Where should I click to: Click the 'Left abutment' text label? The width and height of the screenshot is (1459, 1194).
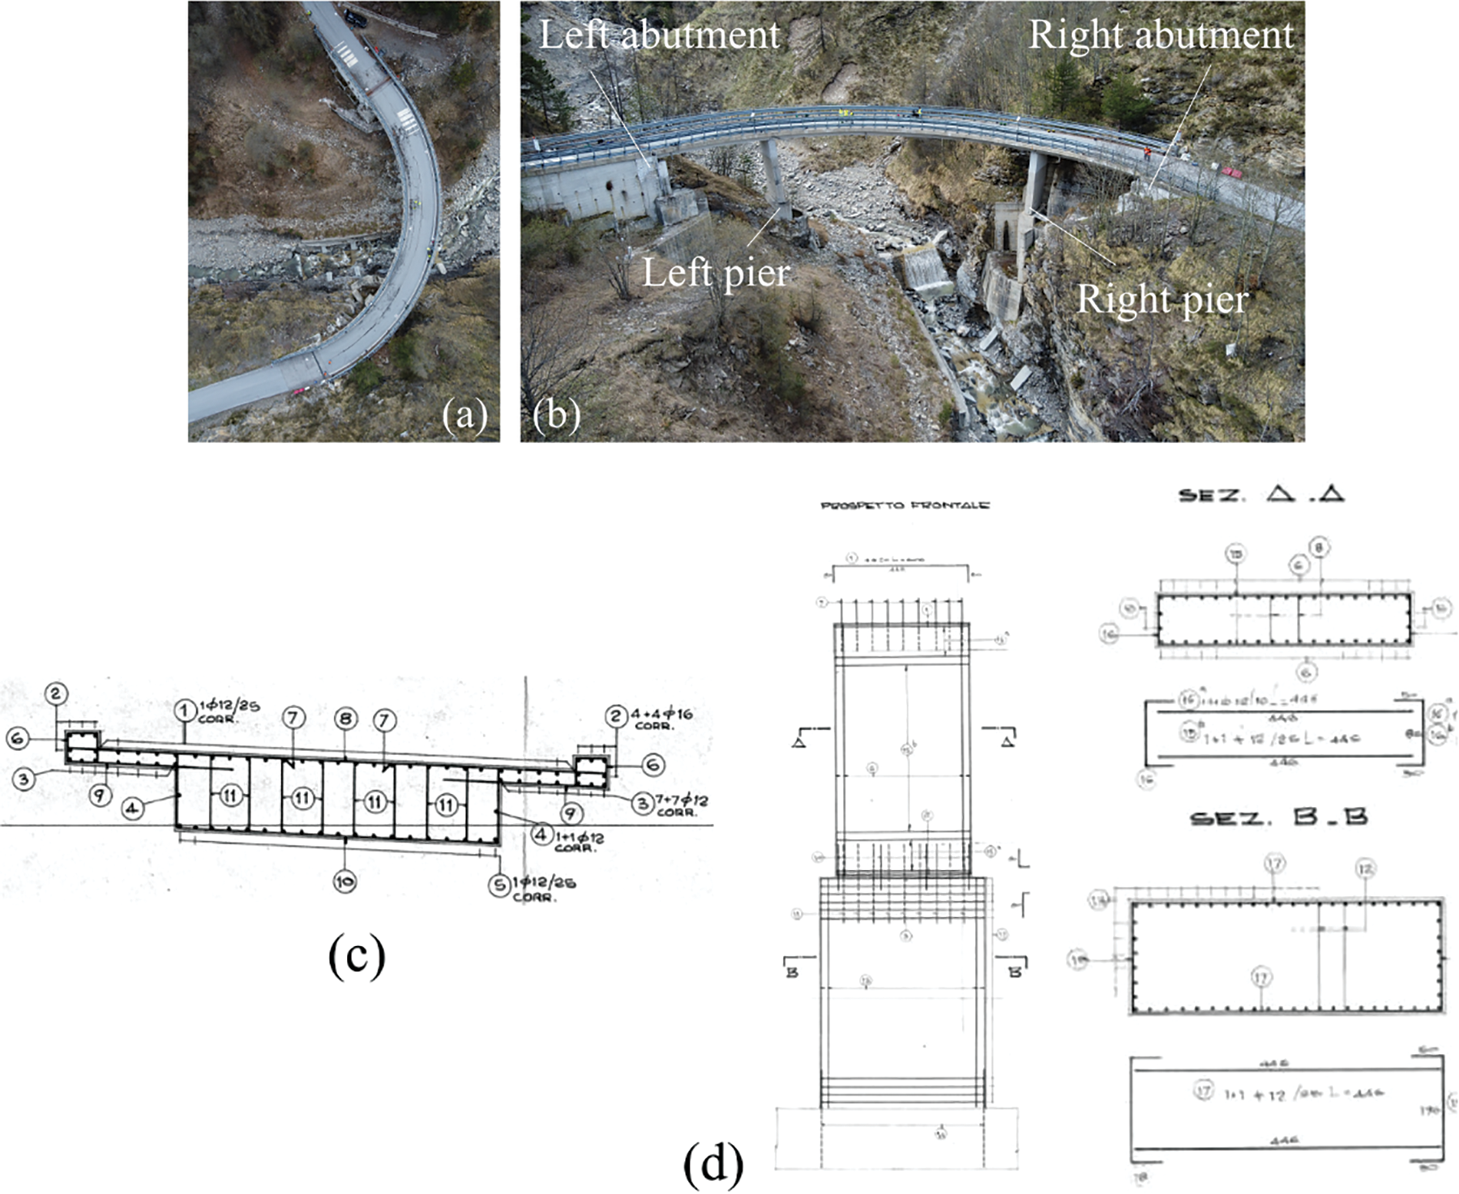659,35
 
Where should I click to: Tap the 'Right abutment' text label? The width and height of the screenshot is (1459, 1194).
1160,35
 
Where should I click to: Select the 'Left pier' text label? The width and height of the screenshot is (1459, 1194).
716,273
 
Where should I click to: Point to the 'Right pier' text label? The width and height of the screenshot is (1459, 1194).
1162,299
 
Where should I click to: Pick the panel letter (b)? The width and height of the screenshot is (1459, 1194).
556,415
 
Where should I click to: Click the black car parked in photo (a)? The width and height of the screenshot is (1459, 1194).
355,16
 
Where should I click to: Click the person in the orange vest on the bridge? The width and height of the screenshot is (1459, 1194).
1146,151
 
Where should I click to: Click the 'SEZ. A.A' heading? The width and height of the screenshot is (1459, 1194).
1261,495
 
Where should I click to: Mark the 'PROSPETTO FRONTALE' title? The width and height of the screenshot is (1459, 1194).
905,505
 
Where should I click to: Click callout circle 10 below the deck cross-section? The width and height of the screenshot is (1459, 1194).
345,882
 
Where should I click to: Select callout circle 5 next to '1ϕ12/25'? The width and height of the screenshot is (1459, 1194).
500,885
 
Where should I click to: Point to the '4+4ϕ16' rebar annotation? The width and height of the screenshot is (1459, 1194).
662,714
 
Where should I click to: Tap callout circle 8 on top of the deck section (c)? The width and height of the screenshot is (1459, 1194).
346,719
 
